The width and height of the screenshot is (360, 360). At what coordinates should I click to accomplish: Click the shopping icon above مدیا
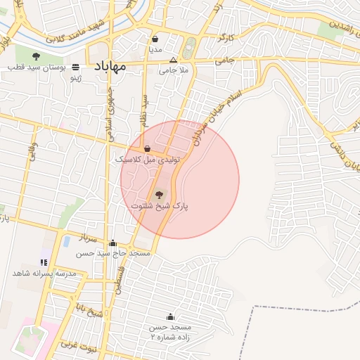[155, 39]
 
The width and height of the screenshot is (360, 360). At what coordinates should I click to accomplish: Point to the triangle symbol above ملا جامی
[173, 60]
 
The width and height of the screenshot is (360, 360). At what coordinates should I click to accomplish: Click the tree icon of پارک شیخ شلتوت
[159, 194]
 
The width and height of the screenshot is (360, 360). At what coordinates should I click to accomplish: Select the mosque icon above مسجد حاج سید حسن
[113, 243]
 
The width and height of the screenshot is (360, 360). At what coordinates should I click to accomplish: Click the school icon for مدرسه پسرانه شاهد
[45, 262]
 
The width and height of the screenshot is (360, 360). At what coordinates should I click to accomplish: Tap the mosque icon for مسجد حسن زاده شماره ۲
[169, 317]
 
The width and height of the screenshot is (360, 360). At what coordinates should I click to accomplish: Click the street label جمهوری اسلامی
[110, 112]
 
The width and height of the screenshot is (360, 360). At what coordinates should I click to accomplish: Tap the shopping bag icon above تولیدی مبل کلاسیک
[147, 149]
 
